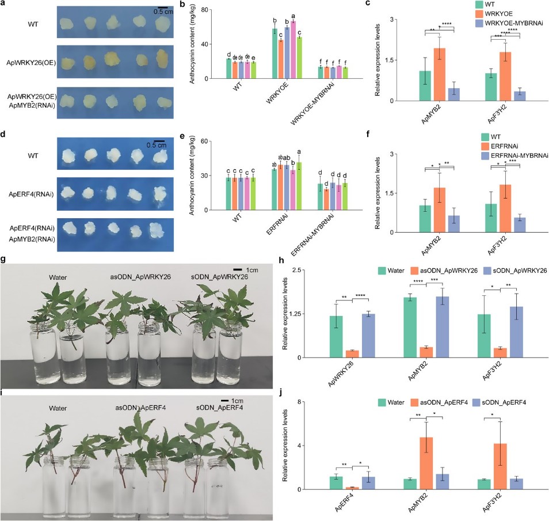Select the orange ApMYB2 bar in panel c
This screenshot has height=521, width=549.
tap(440, 74)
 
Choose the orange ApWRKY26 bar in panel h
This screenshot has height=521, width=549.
tap(352, 353)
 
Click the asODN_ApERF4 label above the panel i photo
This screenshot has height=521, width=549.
tap(135, 408)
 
